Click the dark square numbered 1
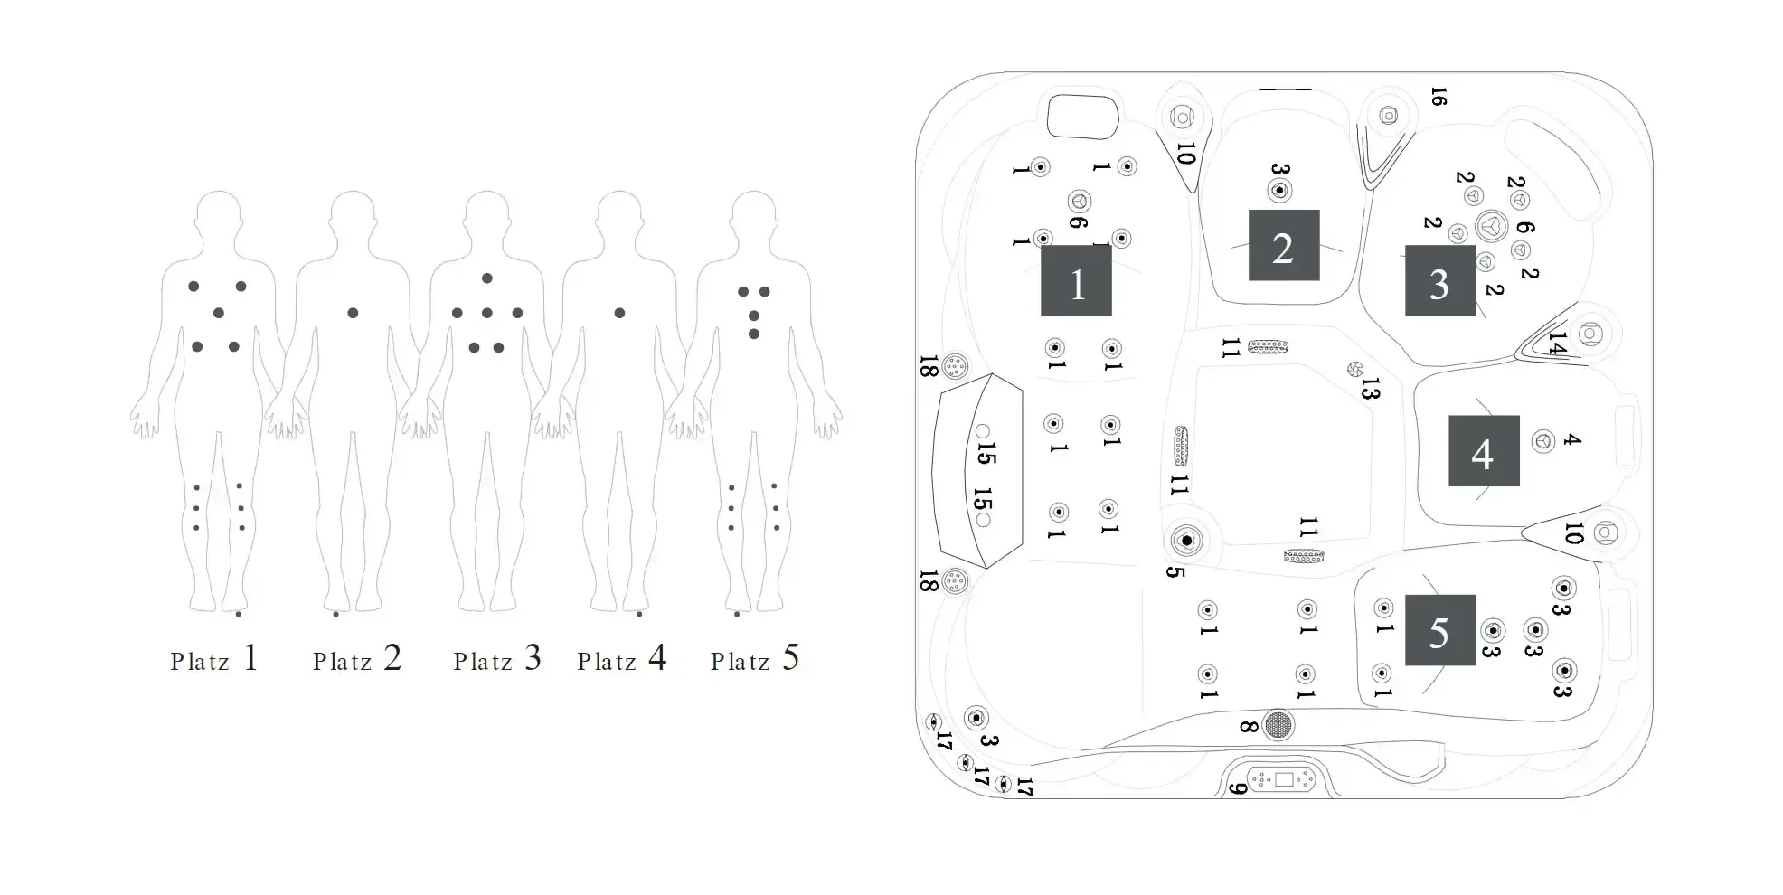(x=1076, y=281)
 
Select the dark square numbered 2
(x=1283, y=245)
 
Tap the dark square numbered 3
(x=1439, y=280)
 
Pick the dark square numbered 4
(x=1484, y=451)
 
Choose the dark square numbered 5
(x=1439, y=630)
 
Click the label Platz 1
(x=214, y=659)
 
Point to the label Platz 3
(x=496, y=659)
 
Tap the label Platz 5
(x=754, y=659)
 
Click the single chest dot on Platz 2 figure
(x=353, y=313)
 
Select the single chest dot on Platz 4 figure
(x=619, y=313)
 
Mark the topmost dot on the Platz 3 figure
(x=486, y=278)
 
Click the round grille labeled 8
(x=1278, y=724)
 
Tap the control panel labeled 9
(x=1283, y=779)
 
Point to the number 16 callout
(x=1439, y=97)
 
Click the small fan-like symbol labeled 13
(x=1354, y=369)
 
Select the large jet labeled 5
(x=1186, y=541)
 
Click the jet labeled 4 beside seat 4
(x=1543, y=441)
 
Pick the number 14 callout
(x=1556, y=344)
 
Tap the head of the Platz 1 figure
(x=218, y=214)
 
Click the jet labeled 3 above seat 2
(x=1279, y=191)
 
